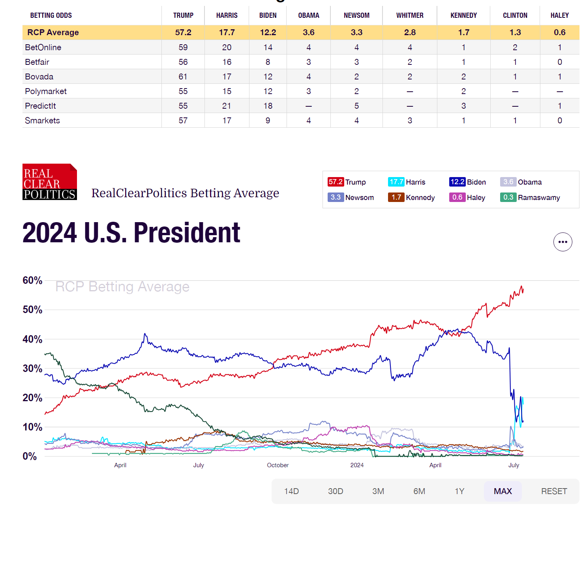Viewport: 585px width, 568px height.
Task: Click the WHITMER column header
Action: (x=409, y=15)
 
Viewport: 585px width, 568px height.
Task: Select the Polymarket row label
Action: (x=46, y=91)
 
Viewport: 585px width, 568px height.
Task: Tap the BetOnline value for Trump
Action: (x=183, y=47)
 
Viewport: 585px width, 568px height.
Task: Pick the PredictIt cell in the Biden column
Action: (x=268, y=106)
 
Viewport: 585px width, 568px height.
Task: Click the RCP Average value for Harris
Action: (x=227, y=32)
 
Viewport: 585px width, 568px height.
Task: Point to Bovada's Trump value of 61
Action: (x=183, y=76)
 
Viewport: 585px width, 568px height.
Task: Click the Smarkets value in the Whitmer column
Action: (x=409, y=121)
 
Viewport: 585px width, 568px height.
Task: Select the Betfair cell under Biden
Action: (x=268, y=62)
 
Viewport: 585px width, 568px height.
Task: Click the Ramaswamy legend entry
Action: (x=530, y=198)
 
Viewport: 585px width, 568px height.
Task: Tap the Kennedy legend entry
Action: (x=411, y=198)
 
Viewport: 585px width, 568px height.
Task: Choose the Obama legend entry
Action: (x=521, y=182)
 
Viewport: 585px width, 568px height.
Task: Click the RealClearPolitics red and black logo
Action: (x=50, y=181)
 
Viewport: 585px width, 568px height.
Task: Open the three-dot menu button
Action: (x=562, y=242)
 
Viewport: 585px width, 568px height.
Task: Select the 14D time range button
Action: (x=291, y=491)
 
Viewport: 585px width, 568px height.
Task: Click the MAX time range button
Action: (x=502, y=491)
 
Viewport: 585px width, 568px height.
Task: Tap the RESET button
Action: (x=554, y=491)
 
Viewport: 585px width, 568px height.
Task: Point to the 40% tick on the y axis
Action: (x=32, y=339)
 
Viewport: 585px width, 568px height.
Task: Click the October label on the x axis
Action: (x=278, y=465)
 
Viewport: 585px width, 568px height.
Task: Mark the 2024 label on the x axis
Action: (x=357, y=465)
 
